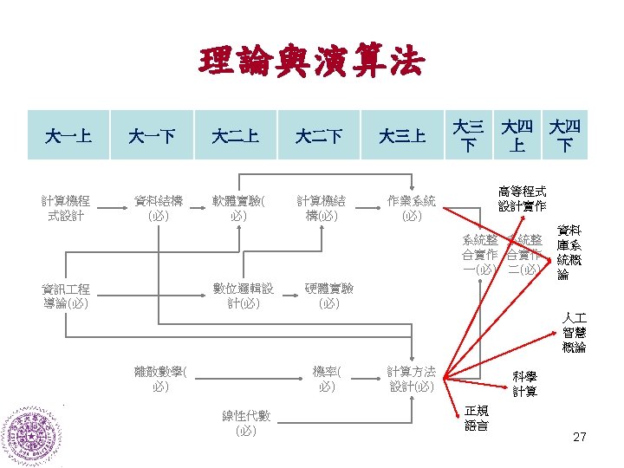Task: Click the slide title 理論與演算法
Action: coord(311,62)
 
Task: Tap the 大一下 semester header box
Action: coord(152,136)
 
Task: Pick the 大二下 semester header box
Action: coord(318,136)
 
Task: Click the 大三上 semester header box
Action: coord(402,136)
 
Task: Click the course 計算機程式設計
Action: coord(71,208)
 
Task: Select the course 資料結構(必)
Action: coord(158,208)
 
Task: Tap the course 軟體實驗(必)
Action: coord(240,208)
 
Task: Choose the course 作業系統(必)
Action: coord(412,208)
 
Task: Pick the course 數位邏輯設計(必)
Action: coord(243,296)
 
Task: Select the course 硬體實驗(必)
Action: coord(328,296)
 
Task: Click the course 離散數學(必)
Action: coord(159,380)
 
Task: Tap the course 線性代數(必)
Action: coord(245,423)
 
